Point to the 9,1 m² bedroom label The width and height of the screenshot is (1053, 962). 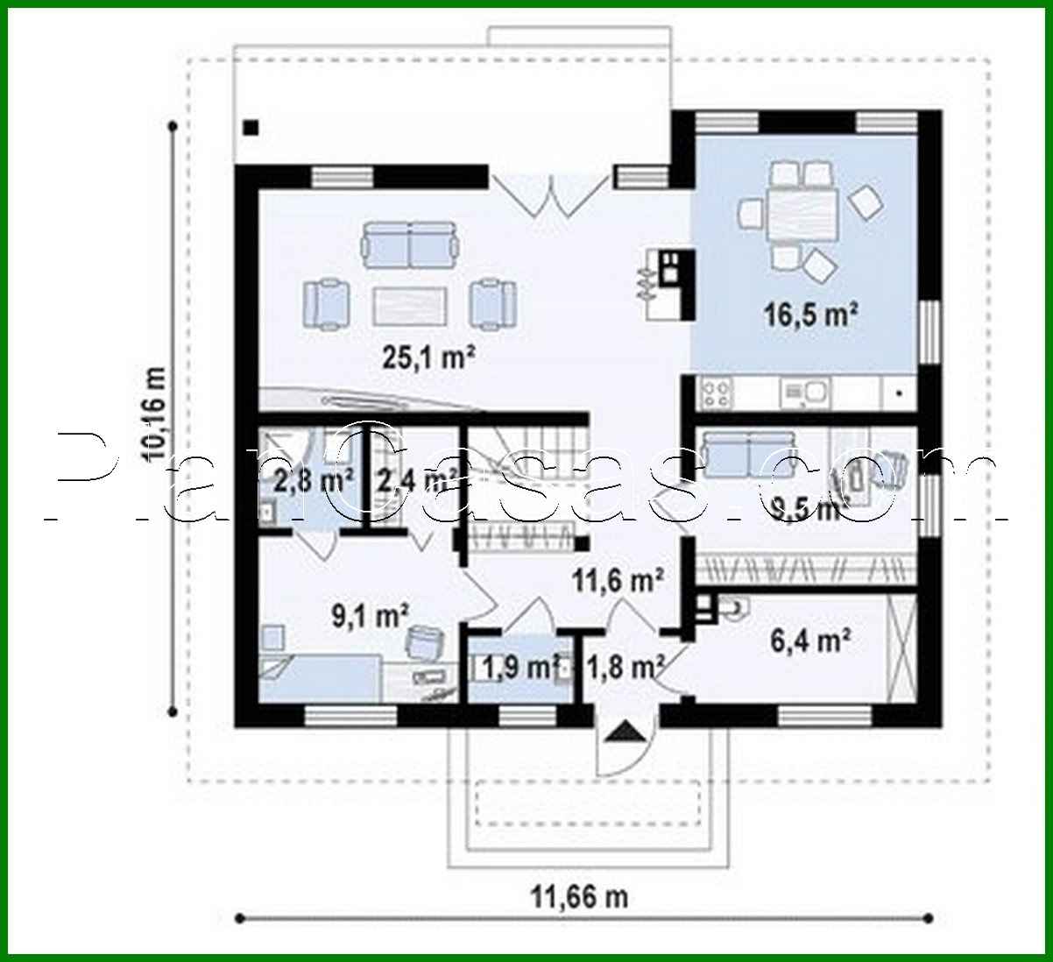pos(370,616)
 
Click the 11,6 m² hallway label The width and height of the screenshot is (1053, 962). pos(617,579)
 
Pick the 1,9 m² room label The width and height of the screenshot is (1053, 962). pos(519,668)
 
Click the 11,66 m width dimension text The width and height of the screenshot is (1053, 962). pos(578,896)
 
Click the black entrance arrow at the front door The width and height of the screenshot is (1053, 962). pos(624,731)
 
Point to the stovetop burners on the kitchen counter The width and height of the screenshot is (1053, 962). pos(717,393)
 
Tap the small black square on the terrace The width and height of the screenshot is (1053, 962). pos(251,126)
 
